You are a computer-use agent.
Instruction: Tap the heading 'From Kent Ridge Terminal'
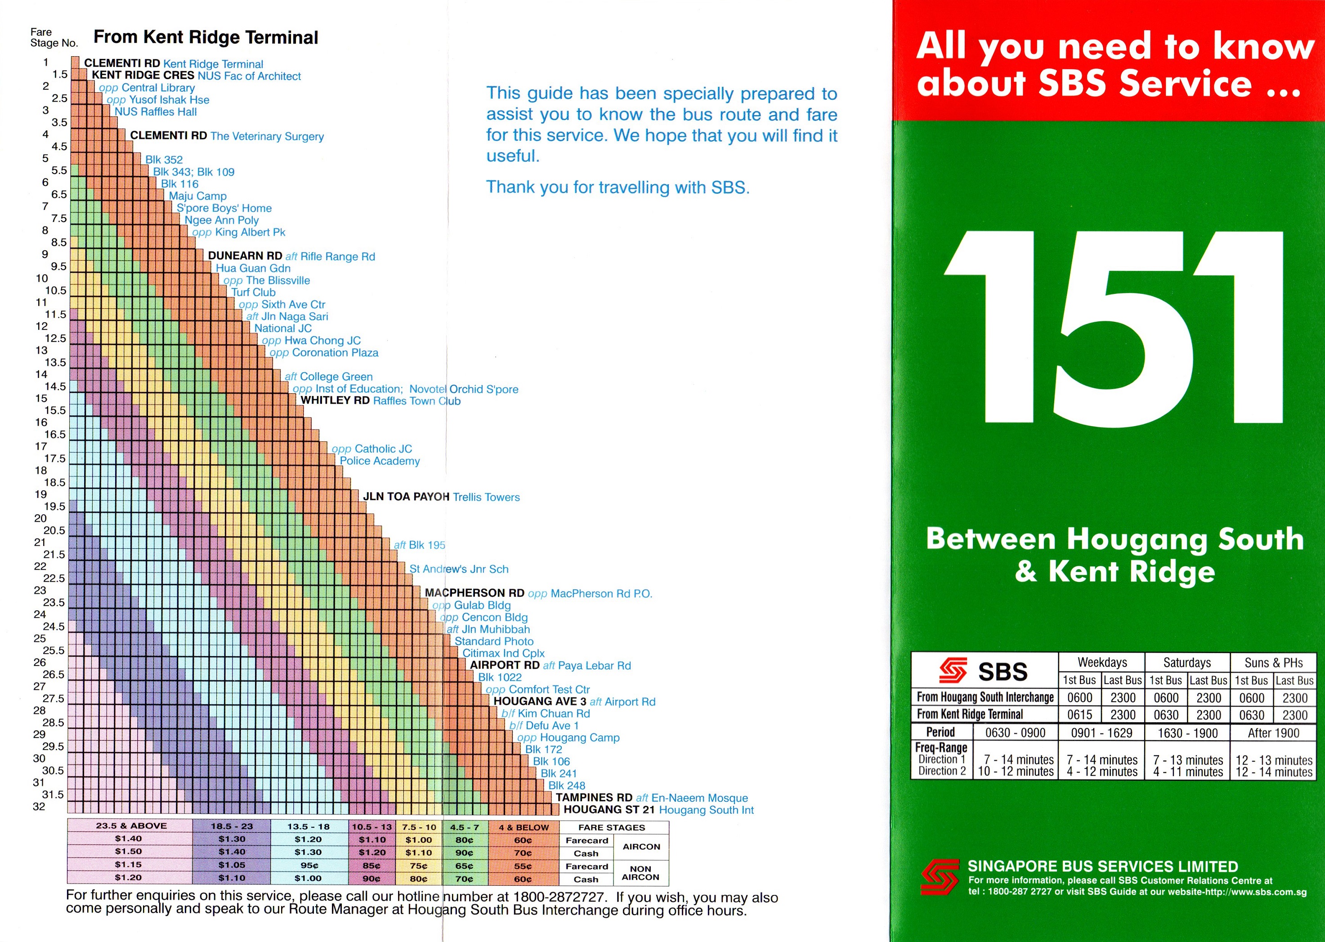pos(206,38)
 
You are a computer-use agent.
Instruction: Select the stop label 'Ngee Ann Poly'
pos(221,220)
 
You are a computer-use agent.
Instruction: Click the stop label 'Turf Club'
pos(253,292)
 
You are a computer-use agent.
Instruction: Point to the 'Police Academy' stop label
pos(379,461)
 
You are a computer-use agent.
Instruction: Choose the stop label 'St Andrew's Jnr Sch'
pos(458,569)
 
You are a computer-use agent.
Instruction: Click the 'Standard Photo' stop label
pos(493,641)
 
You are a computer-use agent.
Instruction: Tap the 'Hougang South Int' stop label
pos(706,810)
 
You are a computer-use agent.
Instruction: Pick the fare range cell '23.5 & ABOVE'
pos(131,826)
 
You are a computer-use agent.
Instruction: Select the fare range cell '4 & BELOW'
pos(524,827)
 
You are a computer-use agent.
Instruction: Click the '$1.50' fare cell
pos(128,852)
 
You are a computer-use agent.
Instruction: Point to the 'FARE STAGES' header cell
pos(611,827)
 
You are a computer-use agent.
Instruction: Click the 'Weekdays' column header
pos(1101,662)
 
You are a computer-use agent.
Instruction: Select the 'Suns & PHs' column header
pos(1273,662)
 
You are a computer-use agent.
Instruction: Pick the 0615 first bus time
pos(1079,715)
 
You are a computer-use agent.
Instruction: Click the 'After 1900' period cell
pos(1273,733)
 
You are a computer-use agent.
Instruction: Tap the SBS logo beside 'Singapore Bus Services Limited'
pos(940,876)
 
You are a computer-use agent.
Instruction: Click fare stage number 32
pos(39,806)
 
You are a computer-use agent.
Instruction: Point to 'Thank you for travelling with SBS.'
pos(618,187)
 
